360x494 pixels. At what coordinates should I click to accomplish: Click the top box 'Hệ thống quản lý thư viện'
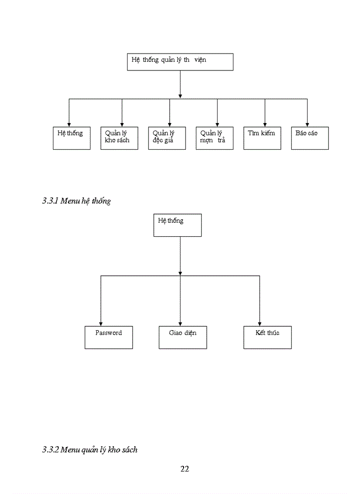[x=180, y=62]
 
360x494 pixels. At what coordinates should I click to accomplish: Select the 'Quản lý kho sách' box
[x=119, y=138]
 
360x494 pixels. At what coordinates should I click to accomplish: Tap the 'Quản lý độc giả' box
[x=167, y=138]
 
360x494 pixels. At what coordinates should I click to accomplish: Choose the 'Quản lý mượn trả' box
[x=214, y=138]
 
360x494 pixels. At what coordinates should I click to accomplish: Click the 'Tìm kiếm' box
[x=262, y=138]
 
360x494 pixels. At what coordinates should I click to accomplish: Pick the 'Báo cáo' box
[x=310, y=138]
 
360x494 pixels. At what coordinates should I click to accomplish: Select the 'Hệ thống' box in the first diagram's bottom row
[x=71, y=138]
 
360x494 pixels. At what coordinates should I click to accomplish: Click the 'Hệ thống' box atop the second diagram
[x=177, y=225]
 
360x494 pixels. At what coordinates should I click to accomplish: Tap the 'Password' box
[x=109, y=338]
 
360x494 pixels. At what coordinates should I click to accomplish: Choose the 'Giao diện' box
[x=183, y=338]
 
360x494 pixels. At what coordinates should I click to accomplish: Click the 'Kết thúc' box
[x=267, y=338]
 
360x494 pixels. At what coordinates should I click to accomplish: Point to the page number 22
[x=185, y=469]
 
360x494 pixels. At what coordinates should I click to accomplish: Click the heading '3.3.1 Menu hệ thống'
[x=76, y=201]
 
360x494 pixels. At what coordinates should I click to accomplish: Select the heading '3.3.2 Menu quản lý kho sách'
[x=89, y=450]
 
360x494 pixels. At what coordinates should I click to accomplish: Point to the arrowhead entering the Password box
[x=101, y=323]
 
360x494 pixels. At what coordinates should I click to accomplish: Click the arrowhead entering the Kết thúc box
[x=259, y=323]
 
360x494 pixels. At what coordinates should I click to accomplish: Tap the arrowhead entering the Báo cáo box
[x=308, y=123]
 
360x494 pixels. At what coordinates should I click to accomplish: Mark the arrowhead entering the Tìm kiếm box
[x=265, y=123]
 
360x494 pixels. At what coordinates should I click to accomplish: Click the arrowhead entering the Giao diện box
[x=180, y=323]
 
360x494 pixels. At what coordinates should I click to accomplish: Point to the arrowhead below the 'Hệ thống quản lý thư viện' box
[x=180, y=96]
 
